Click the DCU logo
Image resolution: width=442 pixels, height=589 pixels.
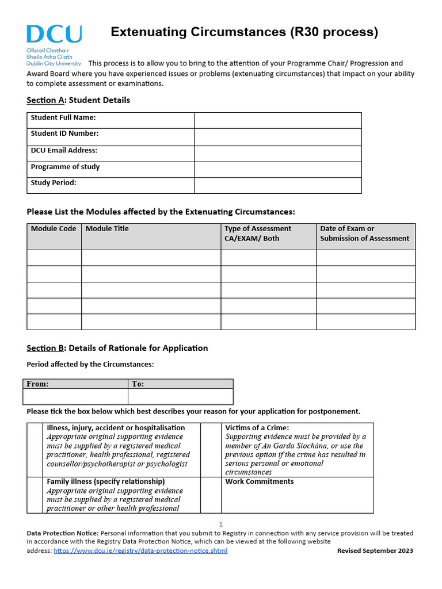(54, 45)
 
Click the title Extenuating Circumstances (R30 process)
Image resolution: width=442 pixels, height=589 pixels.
(244, 32)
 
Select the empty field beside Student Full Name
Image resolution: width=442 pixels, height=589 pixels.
(277, 120)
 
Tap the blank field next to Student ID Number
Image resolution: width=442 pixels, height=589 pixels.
(277, 136)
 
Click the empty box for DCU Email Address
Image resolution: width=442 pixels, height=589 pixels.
(277, 153)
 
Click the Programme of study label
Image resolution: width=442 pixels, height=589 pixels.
(65, 167)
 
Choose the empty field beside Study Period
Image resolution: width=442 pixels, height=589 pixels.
(277, 185)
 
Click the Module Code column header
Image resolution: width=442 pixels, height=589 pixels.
(54, 229)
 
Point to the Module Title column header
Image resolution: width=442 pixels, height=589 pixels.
(107, 229)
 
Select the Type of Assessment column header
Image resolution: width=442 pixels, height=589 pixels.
(258, 234)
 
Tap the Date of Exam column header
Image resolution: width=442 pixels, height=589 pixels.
(364, 234)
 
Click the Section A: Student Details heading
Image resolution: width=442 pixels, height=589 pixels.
(78, 100)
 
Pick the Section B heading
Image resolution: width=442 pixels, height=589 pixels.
(117, 348)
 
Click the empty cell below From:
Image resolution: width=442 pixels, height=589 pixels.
(75, 396)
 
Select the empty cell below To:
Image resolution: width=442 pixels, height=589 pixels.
(180, 396)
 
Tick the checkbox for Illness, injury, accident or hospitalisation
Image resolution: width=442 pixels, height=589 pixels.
(36, 450)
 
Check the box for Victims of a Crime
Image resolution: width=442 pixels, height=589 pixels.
(211, 450)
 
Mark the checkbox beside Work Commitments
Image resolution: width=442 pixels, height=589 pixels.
(211, 495)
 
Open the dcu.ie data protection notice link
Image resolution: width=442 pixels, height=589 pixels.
(140, 551)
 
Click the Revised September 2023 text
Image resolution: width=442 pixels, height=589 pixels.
(375, 551)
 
